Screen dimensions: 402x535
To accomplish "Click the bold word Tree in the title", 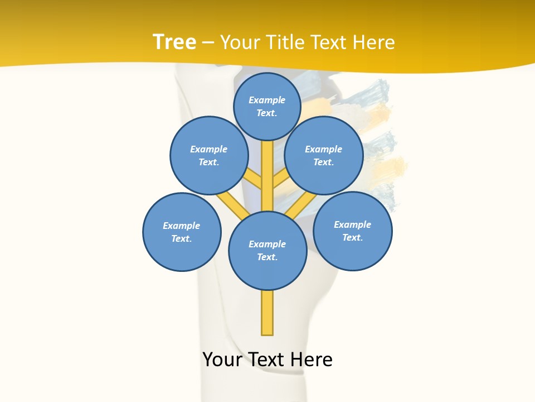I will pos(174,42).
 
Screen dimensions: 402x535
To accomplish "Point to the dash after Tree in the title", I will pos(208,43).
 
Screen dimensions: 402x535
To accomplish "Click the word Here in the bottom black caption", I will pos(309,360).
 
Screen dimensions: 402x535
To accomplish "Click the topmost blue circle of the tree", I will pos(267,106).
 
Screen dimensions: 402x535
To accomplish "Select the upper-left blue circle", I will pos(209,155).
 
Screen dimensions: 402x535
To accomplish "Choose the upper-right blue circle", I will pos(324,155).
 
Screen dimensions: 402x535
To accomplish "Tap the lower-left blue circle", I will pos(182,232).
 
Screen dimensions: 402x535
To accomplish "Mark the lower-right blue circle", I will pos(353,231).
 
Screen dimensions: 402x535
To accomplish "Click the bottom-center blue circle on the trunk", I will pos(267,250).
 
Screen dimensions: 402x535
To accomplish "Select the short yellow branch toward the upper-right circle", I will pos(280,179).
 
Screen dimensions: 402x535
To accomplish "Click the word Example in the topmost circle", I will pos(267,100).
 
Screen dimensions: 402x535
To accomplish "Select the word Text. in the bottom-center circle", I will pos(267,257).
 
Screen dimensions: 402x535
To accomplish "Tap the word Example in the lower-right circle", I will pos(352,224).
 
